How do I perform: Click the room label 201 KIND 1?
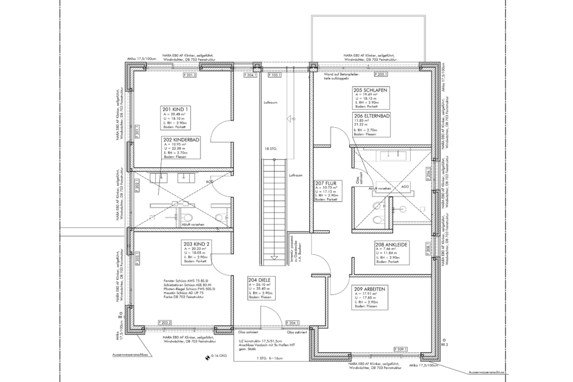(175, 109)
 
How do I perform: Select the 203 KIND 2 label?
(196, 245)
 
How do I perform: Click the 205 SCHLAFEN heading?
(371, 90)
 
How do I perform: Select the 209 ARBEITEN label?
(369, 289)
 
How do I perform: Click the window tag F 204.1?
(293, 322)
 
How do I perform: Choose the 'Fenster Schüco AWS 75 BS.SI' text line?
(189, 279)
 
